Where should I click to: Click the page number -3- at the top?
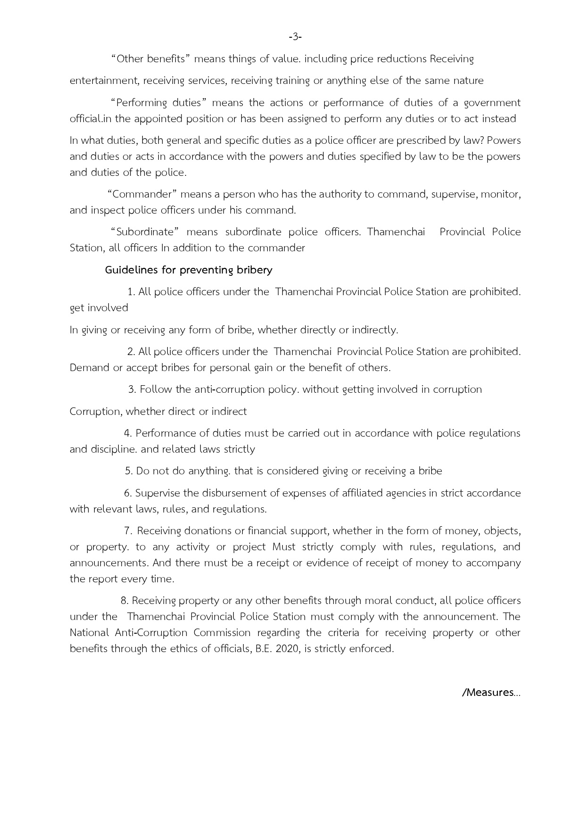(295, 37)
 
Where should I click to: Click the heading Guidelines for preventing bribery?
(189, 270)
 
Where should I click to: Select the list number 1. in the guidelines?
(132, 292)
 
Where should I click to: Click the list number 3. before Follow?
(132, 389)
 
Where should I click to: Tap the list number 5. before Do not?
(129, 471)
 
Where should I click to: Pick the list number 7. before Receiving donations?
(128, 531)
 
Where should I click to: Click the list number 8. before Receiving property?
(124, 601)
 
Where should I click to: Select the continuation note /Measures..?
(491, 693)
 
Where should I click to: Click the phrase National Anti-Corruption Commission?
(160, 633)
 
